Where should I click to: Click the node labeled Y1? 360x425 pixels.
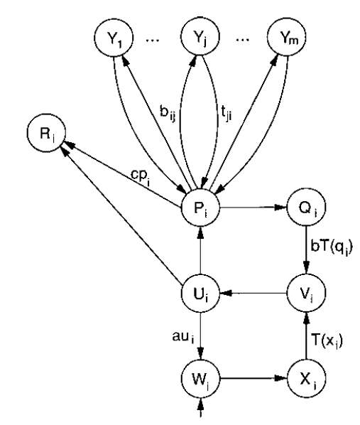coord(114,37)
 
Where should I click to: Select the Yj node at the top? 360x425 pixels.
coord(200,36)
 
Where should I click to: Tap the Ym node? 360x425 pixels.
coord(287,37)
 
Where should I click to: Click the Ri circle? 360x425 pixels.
coord(47,133)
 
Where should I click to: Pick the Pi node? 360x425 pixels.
coord(200,208)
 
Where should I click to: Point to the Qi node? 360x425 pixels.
coord(306,208)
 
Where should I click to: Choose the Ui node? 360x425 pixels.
coord(200,294)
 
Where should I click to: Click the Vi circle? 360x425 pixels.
coord(306,294)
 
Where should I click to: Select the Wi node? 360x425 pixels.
coord(200,378)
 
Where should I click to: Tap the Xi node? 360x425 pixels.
coord(306,378)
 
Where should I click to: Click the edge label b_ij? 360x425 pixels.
coord(168,113)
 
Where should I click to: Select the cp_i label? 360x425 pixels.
coord(140,178)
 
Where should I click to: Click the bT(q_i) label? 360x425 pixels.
coord(332,248)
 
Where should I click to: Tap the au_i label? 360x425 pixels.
coord(183,337)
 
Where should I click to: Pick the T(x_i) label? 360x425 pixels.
coord(327,340)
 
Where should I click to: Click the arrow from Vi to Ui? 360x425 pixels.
coord(253,293)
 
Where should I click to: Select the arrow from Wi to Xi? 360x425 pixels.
coord(253,378)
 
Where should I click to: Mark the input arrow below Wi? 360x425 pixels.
coord(200,407)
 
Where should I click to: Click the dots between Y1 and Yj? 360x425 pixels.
coord(153,41)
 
